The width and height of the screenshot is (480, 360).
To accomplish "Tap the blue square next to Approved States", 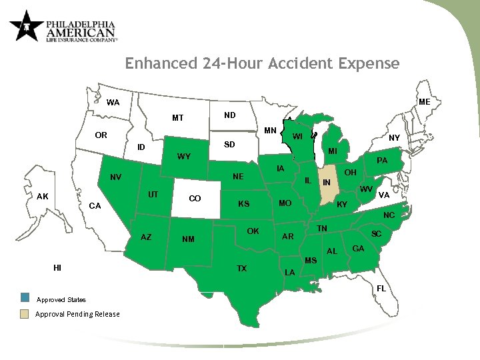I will (x=25, y=297).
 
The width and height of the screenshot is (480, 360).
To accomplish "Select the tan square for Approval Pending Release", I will (x=25, y=314).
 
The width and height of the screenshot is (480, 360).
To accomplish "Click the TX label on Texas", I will (x=242, y=269).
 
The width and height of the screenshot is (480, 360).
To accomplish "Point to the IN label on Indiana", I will (x=327, y=183).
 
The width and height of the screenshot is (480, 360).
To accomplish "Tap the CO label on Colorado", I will (x=195, y=199).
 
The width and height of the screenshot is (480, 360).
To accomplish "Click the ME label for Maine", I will (x=424, y=102).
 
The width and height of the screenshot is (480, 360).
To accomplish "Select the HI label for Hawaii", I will (x=58, y=267).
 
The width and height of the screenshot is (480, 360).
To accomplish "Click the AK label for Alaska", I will (x=43, y=197).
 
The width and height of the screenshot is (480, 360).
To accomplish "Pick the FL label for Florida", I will (x=381, y=288).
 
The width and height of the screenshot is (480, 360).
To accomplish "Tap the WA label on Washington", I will (x=113, y=103).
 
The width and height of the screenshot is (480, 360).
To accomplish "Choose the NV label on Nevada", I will (x=115, y=177).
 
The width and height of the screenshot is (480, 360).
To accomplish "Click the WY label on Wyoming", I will (x=184, y=157).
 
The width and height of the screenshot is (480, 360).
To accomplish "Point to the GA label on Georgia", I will (x=358, y=249).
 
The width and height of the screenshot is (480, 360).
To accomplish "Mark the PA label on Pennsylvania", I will (x=382, y=161).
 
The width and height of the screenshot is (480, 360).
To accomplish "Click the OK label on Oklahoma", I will (x=253, y=231).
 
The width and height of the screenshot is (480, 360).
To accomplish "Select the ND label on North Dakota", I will (x=229, y=115).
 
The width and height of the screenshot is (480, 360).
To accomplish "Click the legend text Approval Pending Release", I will (x=77, y=314).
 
